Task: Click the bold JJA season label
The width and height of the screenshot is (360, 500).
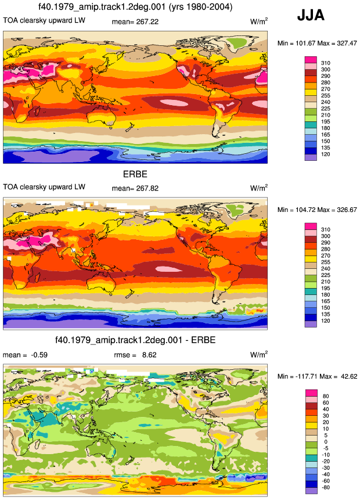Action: (311, 15)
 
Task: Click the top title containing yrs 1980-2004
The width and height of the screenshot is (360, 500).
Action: (135, 6)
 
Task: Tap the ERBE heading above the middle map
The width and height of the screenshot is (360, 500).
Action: (135, 174)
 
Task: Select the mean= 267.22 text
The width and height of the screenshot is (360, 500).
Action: (135, 21)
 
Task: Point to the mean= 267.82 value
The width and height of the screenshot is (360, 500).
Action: (135, 188)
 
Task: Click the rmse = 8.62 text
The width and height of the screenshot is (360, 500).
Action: (135, 355)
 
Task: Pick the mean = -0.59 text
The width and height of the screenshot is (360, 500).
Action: (25, 355)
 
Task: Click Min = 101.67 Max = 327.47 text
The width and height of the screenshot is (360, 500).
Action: (317, 43)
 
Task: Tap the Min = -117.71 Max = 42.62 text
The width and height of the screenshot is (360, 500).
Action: (317, 376)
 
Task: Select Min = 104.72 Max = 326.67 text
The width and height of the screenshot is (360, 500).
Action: (317, 210)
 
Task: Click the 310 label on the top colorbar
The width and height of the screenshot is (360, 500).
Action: (326, 63)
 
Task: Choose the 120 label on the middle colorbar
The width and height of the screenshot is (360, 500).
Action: (326, 321)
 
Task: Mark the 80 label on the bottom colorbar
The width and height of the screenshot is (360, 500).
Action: (326, 397)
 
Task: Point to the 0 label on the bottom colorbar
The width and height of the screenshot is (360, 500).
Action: (326, 442)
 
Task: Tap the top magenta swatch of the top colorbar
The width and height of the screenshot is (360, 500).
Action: (311, 60)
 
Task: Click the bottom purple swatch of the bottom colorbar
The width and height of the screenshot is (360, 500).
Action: (311, 491)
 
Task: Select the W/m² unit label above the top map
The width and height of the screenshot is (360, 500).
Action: (259, 21)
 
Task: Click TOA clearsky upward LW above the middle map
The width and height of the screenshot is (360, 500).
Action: (44, 187)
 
